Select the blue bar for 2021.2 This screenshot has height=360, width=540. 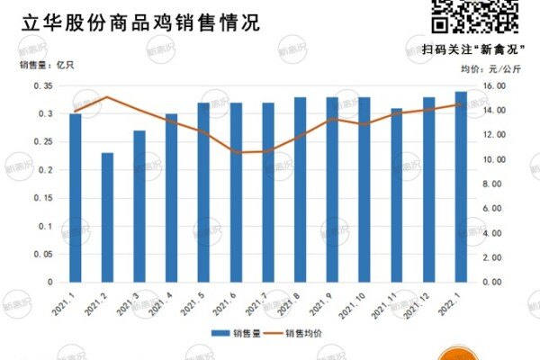pos(107,218)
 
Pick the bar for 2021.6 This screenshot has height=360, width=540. pos(236,193)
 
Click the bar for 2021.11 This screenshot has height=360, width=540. pos(397,195)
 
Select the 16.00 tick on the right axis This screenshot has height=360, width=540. pos(496,86)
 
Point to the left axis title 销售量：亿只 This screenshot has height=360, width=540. pos(44,65)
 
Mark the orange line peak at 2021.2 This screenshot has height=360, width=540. pos(107,97)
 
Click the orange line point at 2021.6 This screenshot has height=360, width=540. pos(236,152)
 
